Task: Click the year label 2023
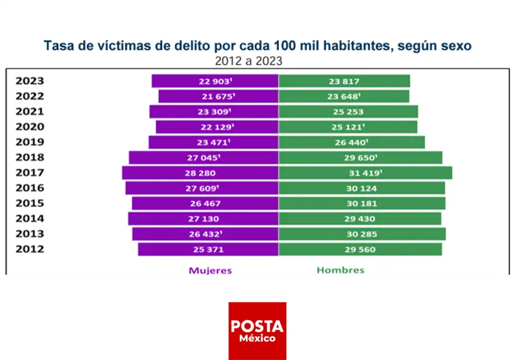[x=29, y=81]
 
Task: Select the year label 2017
[x=29, y=173]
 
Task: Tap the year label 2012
[x=29, y=250]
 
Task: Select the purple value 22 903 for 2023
[x=215, y=81]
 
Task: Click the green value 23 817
[x=343, y=81]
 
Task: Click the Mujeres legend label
[x=210, y=271]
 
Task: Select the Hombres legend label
[x=340, y=271]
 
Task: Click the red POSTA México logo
[x=257, y=331]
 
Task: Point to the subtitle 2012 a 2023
[x=248, y=61]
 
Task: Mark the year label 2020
[x=29, y=127]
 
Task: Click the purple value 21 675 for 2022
[x=217, y=96]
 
